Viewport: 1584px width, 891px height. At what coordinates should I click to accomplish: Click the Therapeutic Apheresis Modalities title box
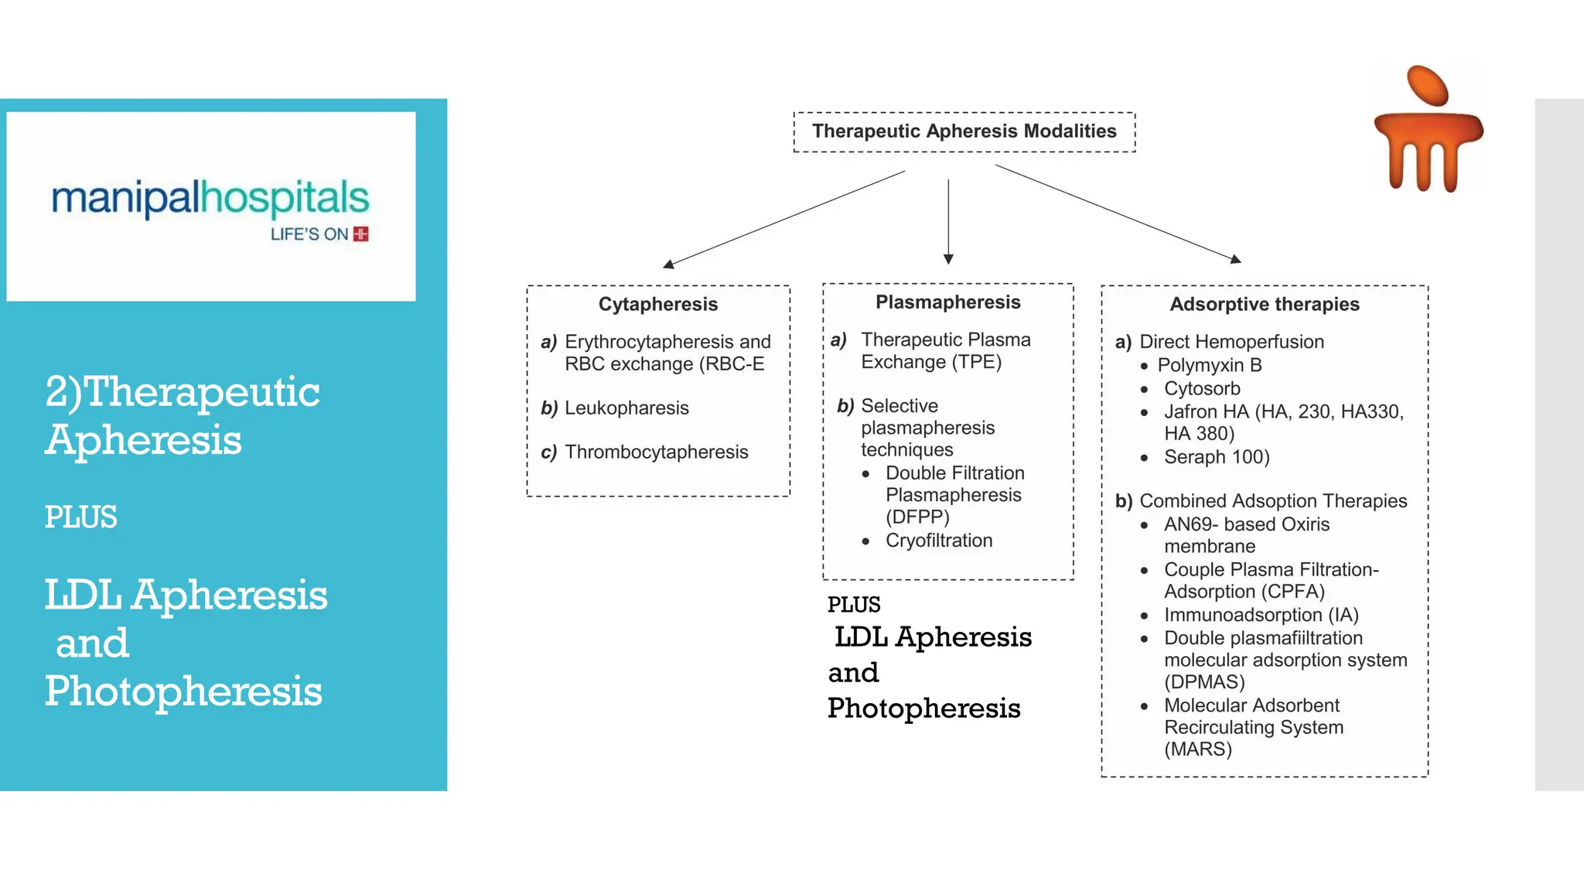964,131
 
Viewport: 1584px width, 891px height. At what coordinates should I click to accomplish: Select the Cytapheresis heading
657,304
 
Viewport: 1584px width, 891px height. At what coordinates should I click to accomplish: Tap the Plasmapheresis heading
947,302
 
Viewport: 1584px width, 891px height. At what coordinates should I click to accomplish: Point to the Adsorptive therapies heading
1264,304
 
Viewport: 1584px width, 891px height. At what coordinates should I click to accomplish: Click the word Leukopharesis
626,408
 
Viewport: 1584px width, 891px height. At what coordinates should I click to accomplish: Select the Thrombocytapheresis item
656,452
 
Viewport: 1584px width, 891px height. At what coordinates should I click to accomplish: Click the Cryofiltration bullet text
938,541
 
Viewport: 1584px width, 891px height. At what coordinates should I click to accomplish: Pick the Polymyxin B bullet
1209,365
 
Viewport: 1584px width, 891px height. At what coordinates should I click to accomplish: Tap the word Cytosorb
1202,388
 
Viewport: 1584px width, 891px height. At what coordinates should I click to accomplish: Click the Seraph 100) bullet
1216,457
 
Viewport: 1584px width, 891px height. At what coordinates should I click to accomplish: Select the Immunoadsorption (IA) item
1261,615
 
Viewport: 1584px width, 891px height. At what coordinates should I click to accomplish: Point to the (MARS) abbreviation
1197,749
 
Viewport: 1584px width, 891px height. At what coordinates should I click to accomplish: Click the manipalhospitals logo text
210,198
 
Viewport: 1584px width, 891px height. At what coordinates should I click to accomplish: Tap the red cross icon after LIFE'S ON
360,234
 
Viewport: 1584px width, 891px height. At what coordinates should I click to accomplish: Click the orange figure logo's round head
1427,85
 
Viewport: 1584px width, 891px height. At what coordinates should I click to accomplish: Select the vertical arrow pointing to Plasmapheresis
948,220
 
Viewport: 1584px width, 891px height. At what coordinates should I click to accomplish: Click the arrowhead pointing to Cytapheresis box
668,265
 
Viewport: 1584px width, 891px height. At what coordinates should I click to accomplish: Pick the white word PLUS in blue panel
80,517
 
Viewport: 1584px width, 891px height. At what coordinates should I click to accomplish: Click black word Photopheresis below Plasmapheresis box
923,708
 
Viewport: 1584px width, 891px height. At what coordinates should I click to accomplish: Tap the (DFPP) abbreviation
917,517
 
